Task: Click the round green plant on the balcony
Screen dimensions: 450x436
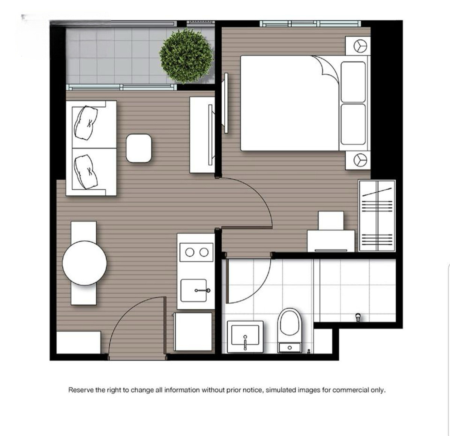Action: pyautogui.click(x=186, y=56)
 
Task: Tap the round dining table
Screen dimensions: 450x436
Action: pyautogui.click(x=85, y=263)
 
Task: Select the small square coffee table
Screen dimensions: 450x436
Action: pyautogui.click(x=139, y=148)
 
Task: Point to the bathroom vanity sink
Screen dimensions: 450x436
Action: pyautogui.click(x=245, y=337)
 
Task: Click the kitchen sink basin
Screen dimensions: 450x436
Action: pyautogui.click(x=193, y=291)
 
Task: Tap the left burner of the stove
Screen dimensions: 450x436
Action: pyautogui.click(x=190, y=252)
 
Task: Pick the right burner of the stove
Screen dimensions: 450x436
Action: pyautogui.click(x=204, y=252)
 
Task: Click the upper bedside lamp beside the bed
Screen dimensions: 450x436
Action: pyautogui.click(x=360, y=46)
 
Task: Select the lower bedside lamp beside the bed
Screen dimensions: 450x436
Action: pyautogui.click(x=360, y=160)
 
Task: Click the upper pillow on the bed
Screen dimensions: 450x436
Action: pyautogui.click(x=353, y=82)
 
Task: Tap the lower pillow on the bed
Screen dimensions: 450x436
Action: pyautogui.click(x=353, y=124)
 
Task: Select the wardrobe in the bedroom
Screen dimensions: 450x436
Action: pyautogui.click(x=377, y=216)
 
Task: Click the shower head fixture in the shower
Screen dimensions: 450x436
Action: pyautogui.click(x=358, y=317)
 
